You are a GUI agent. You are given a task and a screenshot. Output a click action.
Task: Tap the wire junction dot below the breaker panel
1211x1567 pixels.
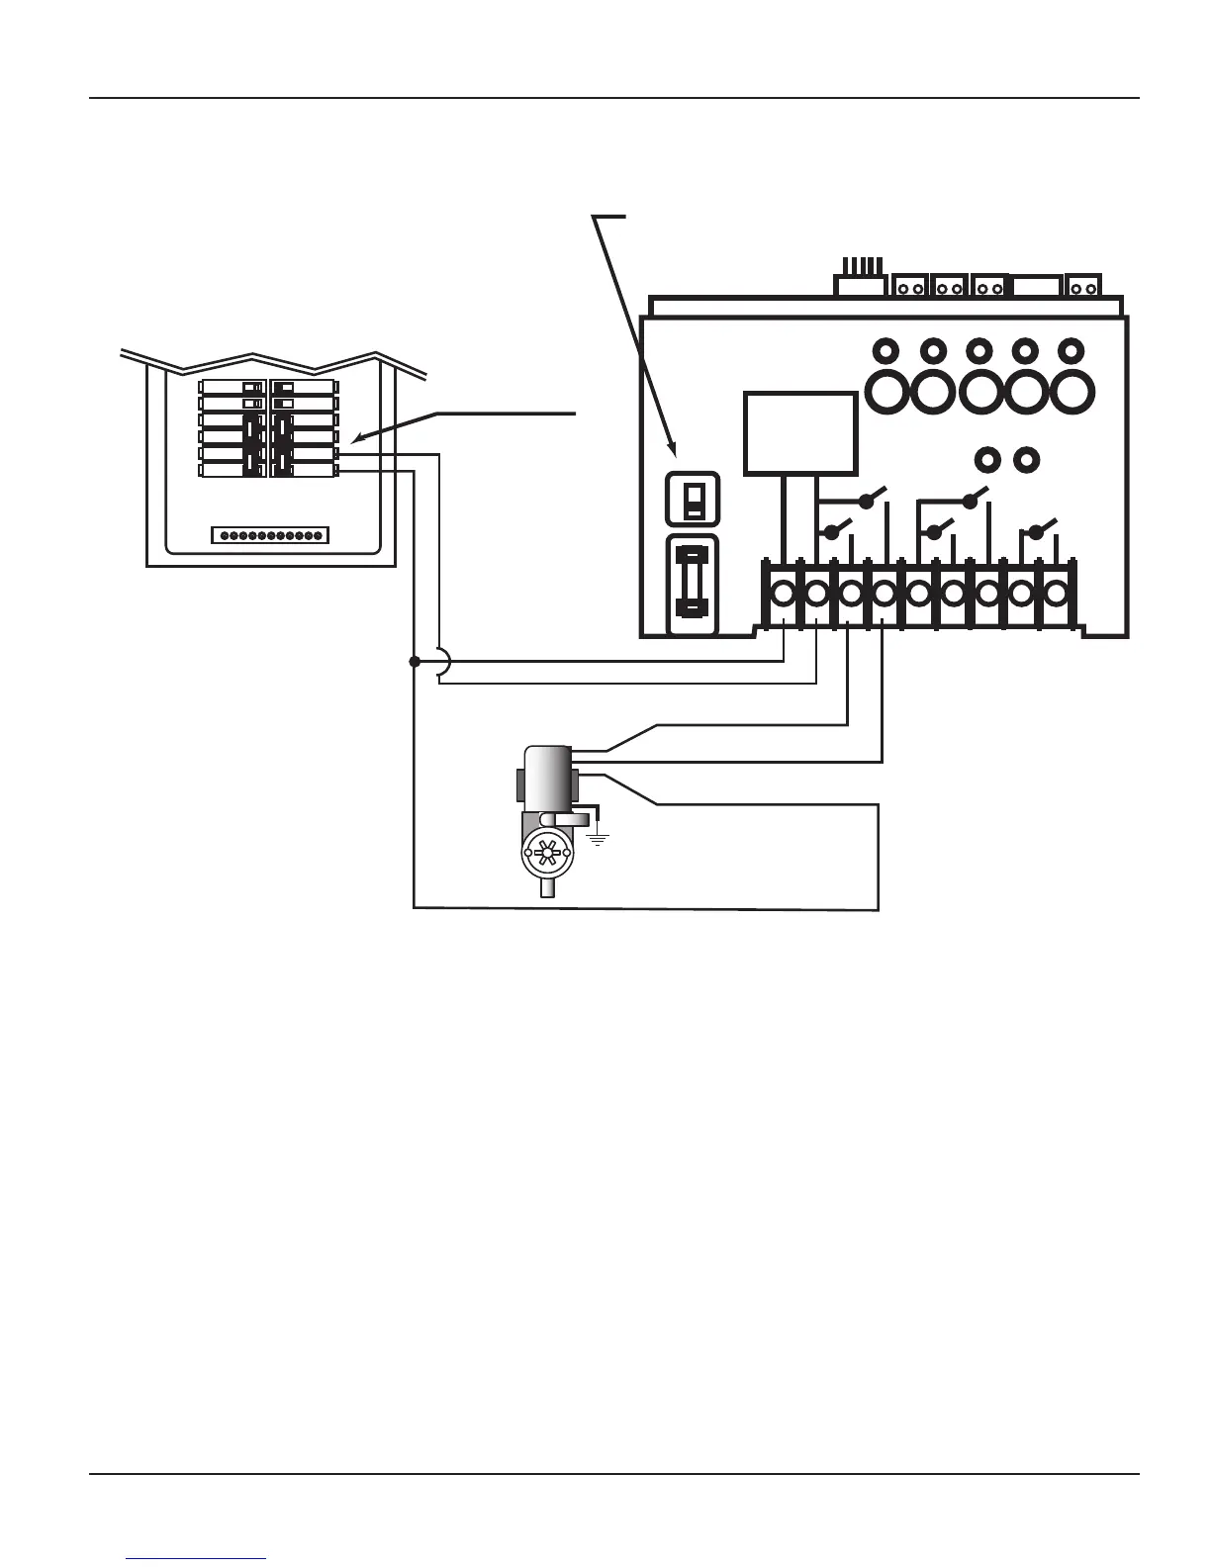414,661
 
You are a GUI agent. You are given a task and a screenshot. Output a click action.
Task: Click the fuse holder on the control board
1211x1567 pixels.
693,585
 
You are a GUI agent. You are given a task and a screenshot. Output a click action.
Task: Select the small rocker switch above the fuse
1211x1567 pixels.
694,500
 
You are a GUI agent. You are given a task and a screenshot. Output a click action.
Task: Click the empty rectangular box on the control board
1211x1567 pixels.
800,433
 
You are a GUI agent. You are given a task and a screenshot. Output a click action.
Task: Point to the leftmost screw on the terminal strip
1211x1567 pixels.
783,594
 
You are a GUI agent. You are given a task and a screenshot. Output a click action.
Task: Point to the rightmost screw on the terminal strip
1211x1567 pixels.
1056,594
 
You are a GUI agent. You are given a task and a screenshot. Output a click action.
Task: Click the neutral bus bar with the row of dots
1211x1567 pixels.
270,535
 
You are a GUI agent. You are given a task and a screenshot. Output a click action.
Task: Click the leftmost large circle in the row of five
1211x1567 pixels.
887,393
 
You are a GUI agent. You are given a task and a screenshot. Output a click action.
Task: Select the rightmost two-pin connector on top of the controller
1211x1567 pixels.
1084,288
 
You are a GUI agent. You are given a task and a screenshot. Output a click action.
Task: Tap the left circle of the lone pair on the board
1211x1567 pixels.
985,459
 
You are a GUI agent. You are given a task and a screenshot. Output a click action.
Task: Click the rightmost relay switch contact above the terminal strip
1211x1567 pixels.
1037,531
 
